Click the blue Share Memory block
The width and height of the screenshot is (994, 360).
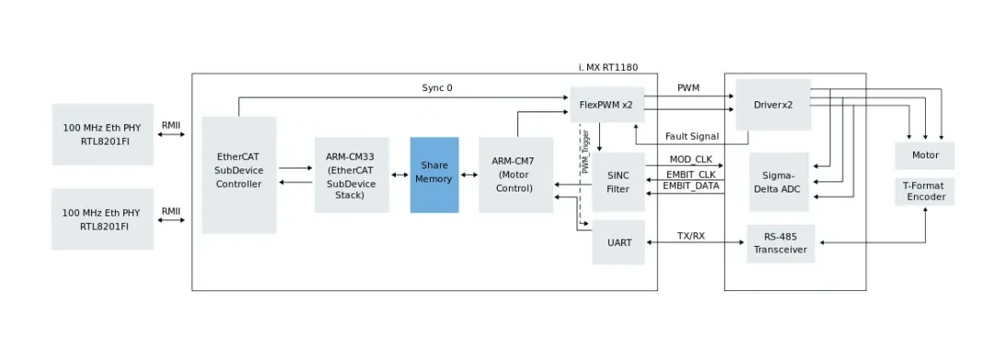click(433, 174)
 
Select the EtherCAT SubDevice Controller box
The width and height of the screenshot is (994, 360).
click(238, 175)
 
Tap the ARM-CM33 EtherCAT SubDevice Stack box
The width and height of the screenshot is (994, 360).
click(351, 175)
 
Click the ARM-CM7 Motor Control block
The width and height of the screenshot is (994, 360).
click(515, 175)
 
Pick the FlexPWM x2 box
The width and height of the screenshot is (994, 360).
click(606, 105)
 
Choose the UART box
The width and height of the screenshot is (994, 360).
click(618, 242)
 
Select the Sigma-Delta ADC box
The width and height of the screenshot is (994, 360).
click(779, 181)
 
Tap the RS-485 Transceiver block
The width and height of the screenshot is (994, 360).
click(780, 243)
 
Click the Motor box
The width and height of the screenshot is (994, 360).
click(924, 155)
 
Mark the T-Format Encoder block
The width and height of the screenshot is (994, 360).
click(924, 191)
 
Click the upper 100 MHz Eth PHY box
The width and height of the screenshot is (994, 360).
click(102, 134)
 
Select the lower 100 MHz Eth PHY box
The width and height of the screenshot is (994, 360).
click(102, 219)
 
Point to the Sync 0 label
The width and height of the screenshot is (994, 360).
click(437, 88)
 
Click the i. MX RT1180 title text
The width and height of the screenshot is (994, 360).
click(607, 67)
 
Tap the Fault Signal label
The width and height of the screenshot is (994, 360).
click(693, 136)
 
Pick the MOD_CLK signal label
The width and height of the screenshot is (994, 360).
click(691, 159)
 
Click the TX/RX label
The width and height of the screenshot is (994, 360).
click(691, 236)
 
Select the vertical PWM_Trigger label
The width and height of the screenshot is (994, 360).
click(584, 153)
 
